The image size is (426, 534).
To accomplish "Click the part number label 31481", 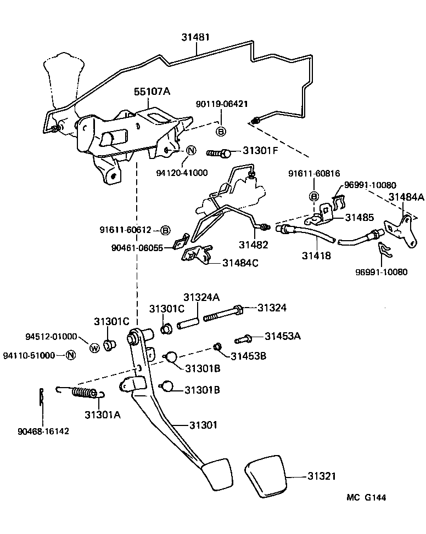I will pyautogui.click(x=196, y=37).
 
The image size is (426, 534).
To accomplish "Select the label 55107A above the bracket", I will pyautogui.click(x=152, y=92).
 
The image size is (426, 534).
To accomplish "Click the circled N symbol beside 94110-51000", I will pyautogui.click(x=70, y=355).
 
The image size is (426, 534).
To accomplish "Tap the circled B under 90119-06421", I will pyautogui.click(x=221, y=132).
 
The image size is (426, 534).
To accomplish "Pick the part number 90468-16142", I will pyautogui.click(x=43, y=431).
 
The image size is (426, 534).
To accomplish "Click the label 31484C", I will pyautogui.click(x=240, y=263).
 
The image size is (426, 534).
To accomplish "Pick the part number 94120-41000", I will pyautogui.click(x=182, y=172).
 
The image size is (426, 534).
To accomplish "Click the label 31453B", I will pyautogui.click(x=248, y=356).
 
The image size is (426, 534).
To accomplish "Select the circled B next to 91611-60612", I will pyautogui.click(x=165, y=230).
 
